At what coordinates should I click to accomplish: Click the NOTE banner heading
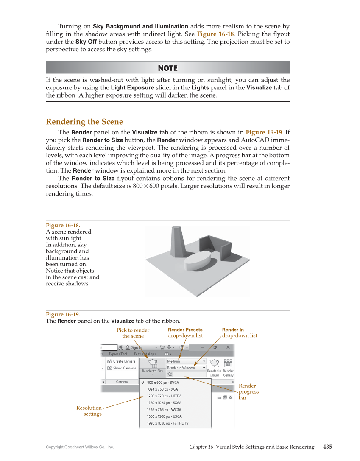coord(167,68)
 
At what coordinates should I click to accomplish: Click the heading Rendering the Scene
coord(84,122)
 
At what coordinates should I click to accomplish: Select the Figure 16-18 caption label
coord(63,225)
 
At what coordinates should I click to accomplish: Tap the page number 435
coord(327,447)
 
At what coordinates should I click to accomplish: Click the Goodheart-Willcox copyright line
coord(80,447)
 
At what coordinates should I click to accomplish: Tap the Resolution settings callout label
coord(89,411)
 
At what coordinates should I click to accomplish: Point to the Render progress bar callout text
coord(248,391)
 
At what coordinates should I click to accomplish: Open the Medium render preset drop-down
coord(186,361)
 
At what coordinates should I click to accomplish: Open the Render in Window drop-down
coord(186,368)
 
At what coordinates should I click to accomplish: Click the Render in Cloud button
coord(215,367)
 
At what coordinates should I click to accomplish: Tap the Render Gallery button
coord(228,367)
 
